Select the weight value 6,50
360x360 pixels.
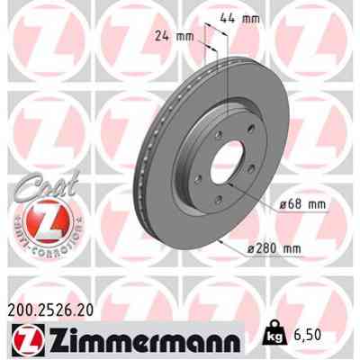point(306,334)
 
